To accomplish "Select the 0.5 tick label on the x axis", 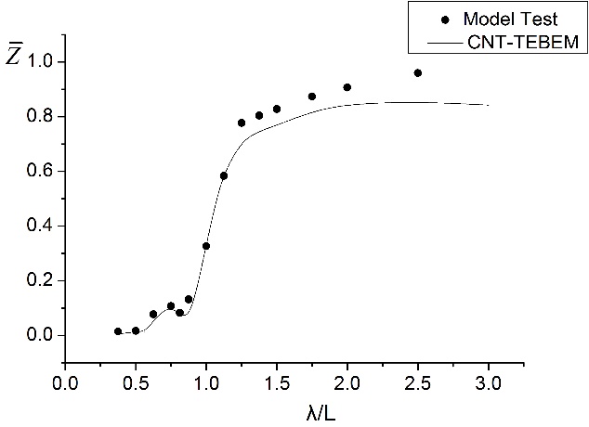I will [x=136, y=382].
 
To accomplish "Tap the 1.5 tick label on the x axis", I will [x=277, y=382].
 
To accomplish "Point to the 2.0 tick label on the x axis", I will [x=347, y=382].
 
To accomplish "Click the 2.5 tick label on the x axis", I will [x=418, y=382].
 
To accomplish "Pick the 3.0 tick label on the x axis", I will [x=489, y=382].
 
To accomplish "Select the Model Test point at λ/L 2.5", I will [x=418, y=72].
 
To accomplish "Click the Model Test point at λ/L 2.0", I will [x=347, y=87].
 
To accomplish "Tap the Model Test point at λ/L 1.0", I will [x=206, y=246].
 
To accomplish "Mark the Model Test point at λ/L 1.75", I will [x=312, y=97].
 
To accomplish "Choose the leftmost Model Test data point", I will [x=118, y=331].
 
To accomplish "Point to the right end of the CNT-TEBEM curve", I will [x=489, y=105].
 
